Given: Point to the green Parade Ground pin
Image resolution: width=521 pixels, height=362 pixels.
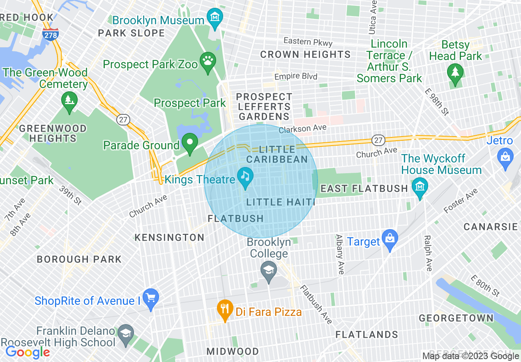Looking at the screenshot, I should click(x=190, y=144).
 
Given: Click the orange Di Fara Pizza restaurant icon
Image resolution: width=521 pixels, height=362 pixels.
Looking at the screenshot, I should click(x=224, y=310).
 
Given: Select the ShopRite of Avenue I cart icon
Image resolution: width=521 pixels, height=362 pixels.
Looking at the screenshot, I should click(x=150, y=299).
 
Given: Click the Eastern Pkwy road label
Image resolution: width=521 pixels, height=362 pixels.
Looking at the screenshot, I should click(x=308, y=42).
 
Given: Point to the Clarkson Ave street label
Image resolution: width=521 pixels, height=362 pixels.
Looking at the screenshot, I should click(x=302, y=129).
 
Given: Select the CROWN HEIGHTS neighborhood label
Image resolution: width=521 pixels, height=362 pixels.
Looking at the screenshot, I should click(x=305, y=54).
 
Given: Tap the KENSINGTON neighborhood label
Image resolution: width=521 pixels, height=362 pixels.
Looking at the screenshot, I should click(x=170, y=237).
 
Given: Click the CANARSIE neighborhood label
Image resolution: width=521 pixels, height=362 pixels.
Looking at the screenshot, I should click(x=491, y=227).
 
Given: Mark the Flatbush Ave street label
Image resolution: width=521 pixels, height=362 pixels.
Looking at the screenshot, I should click(x=316, y=304).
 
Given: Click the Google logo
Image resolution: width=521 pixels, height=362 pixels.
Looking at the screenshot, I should click(x=27, y=352).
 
